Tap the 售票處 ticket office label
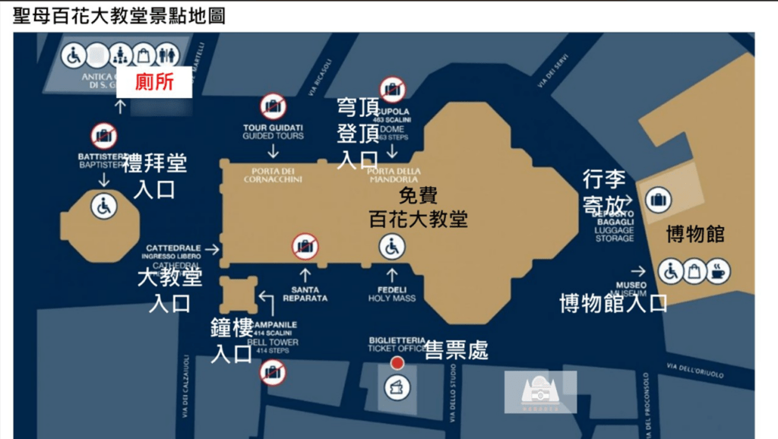click(x=456, y=349)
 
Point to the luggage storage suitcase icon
click(x=658, y=201)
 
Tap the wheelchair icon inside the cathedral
click(x=392, y=247)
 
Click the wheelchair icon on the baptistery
click(x=104, y=206)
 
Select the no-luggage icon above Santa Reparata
click(x=305, y=246)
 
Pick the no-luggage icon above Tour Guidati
click(x=274, y=106)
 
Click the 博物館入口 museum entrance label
click(x=613, y=303)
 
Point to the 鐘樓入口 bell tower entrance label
click(x=232, y=341)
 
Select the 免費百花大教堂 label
click(x=418, y=208)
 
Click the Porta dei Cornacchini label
click(x=273, y=175)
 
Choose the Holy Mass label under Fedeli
click(x=392, y=298)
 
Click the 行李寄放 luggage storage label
click(x=604, y=191)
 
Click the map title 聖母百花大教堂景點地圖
click(x=119, y=16)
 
